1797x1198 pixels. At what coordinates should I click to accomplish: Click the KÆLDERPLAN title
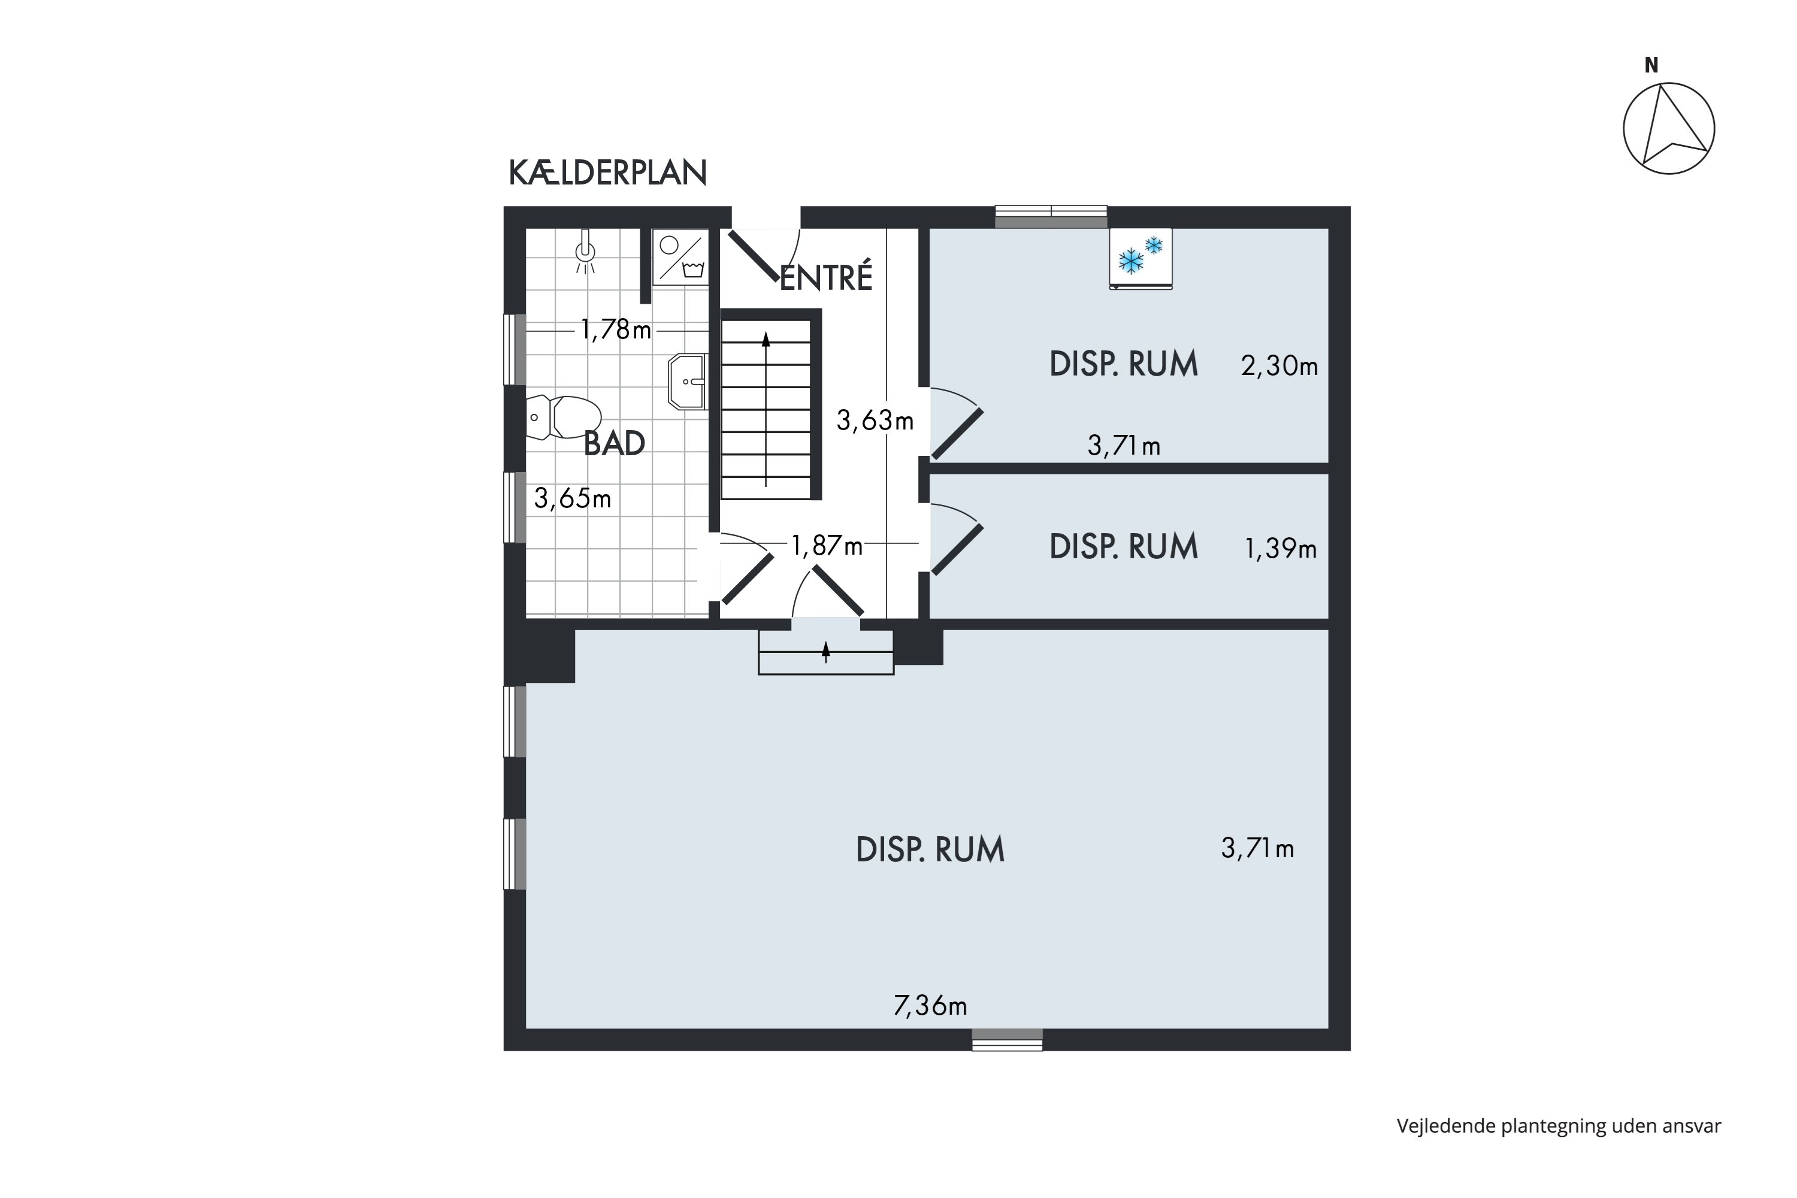607,174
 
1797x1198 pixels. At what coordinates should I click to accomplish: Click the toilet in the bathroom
564,417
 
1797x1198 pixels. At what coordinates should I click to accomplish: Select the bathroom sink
687,381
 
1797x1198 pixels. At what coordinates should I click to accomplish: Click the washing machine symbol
680,257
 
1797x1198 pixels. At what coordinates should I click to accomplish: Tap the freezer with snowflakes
1140,258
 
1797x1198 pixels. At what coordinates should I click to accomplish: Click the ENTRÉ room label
825,277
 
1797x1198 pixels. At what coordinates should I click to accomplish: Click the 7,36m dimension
930,1006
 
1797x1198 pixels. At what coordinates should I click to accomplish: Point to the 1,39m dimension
1281,548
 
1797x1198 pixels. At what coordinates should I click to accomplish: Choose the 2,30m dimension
1279,366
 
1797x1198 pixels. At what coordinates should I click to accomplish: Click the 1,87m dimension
827,546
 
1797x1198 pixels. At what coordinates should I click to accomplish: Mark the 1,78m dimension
616,329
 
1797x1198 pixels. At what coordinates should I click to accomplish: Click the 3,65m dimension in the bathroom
572,498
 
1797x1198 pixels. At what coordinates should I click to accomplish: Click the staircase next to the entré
766,405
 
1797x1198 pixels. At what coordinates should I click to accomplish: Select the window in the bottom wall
1007,1039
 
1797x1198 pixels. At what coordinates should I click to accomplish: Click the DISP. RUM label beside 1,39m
1123,546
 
